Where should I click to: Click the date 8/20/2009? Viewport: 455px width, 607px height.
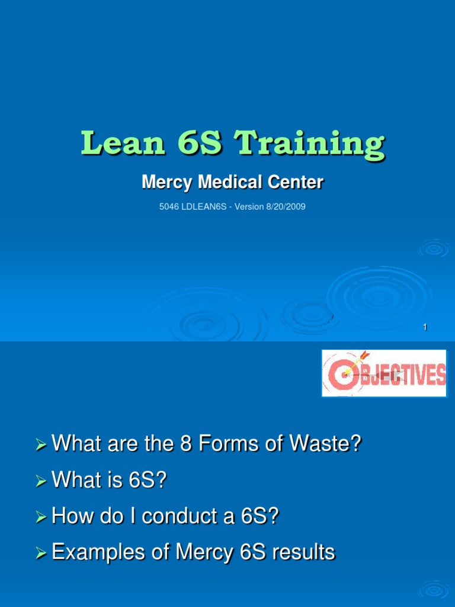coord(284,207)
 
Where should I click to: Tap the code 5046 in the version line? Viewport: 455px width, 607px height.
coord(169,207)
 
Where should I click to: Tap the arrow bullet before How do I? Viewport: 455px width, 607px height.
coord(40,517)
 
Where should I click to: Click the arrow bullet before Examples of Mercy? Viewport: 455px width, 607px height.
coord(40,554)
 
